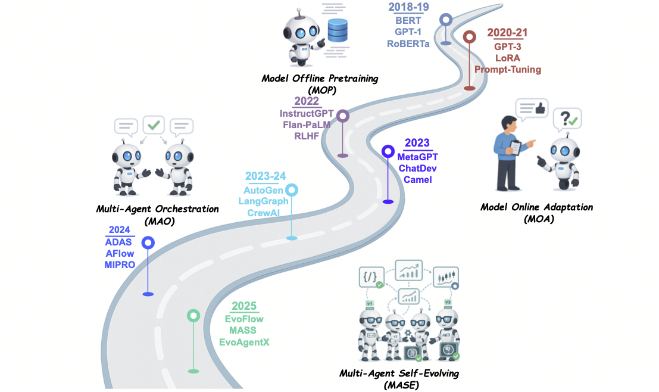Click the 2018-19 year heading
[x=408, y=7]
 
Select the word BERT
[x=408, y=20]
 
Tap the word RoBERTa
[x=408, y=43]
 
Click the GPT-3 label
[x=507, y=46]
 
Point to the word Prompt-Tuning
[x=507, y=69]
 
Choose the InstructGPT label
[x=307, y=113]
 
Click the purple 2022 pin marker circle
[x=343, y=116]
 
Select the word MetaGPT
[x=417, y=157]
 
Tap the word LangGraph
[x=263, y=201]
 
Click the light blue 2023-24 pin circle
[x=292, y=190]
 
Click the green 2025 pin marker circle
[x=193, y=316]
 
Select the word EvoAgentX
[x=244, y=342]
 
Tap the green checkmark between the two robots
[x=154, y=126]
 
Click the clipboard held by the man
[x=516, y=146]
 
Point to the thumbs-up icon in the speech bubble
[x=541, y=108]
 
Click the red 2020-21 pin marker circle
[x=470, y=37]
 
